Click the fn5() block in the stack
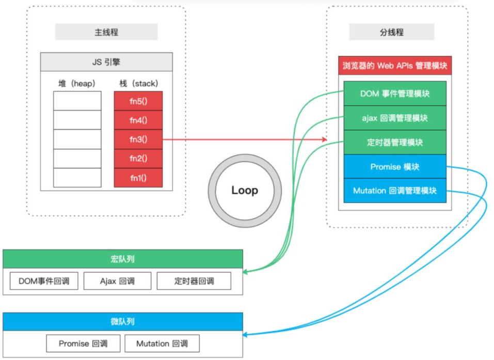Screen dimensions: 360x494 pos(138,101)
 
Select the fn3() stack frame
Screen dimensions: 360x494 pos(138,139)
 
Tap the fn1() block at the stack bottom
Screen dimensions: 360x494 pos(138,178)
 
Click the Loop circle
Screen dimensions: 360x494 pos(245,190)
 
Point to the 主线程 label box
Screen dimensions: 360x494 pos(106,32)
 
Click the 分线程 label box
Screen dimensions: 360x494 pos(391,32)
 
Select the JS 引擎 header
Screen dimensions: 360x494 pos(106,63)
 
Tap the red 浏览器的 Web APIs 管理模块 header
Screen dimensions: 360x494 pos(395,66)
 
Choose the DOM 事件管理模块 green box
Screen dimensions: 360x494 pos(395,93)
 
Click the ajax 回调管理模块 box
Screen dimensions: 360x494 pos(395,118)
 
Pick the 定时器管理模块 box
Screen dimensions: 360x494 pos(395,142)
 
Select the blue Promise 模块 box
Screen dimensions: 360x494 pos(395,166)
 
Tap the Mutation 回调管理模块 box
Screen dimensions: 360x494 pos(395,191)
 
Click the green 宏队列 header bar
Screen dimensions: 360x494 pos(122,259)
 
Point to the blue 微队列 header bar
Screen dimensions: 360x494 pos(122,321)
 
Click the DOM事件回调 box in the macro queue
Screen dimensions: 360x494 pos(44,281)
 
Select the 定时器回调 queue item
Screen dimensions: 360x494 pos(194,281)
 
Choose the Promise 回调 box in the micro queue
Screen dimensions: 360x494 pos(83,343)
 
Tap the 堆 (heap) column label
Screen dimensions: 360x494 pos(77,83)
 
